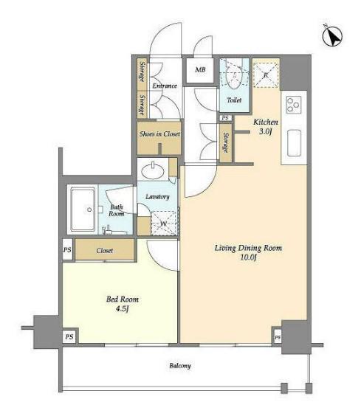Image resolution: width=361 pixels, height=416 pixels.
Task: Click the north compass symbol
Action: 332,35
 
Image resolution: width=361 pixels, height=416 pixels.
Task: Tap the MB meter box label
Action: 200,70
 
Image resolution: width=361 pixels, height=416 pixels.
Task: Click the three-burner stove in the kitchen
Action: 294,105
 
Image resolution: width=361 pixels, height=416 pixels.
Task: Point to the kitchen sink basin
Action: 295,143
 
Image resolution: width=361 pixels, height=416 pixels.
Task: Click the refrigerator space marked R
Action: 266,74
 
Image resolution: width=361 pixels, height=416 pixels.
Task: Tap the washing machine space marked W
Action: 163,223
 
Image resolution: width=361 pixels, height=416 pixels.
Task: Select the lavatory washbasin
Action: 153,171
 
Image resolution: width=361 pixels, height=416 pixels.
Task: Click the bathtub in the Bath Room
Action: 83,209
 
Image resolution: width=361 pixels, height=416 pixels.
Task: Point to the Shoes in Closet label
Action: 159,134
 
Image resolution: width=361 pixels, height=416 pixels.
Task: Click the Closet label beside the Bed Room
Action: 104,251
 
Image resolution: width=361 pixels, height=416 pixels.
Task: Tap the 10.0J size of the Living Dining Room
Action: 248,257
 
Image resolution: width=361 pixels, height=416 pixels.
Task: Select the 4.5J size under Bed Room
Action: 123,309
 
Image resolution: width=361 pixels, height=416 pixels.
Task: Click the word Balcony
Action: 180,366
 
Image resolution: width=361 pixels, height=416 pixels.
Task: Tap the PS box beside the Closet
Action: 67,249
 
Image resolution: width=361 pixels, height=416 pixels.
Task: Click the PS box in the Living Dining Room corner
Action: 278,338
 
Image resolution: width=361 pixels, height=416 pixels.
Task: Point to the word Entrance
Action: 165,86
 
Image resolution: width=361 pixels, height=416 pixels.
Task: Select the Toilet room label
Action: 234,100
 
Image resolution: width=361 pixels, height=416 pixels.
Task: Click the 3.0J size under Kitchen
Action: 265,131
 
